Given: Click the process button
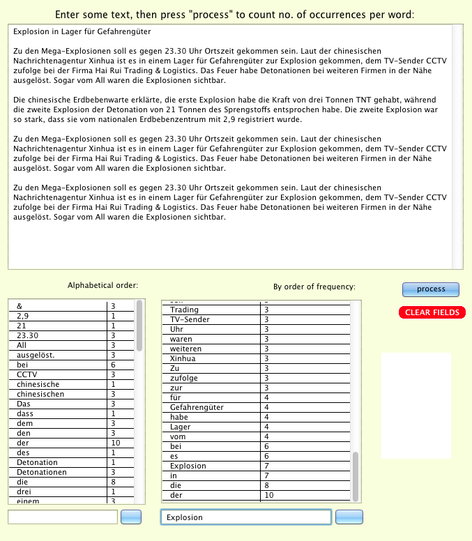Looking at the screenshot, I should pos(430,289).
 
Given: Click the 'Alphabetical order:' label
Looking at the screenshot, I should pos(102,285).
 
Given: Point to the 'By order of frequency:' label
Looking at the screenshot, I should pos(314,287).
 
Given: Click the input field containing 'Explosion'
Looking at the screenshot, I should pos(245,517).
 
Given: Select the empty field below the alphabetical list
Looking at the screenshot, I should pos(63,517).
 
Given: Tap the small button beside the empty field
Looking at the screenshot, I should pos(131,517).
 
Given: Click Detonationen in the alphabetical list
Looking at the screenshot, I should pos(42,472).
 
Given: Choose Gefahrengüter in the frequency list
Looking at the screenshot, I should pos(198,407).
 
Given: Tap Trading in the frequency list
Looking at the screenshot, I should pos(185,310).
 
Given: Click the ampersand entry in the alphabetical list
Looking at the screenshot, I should pos(20,306).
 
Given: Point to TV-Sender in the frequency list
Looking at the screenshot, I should pos(190,319).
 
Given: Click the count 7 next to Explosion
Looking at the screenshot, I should pos(267,466).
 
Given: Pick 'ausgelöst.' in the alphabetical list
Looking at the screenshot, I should pos(36,355).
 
